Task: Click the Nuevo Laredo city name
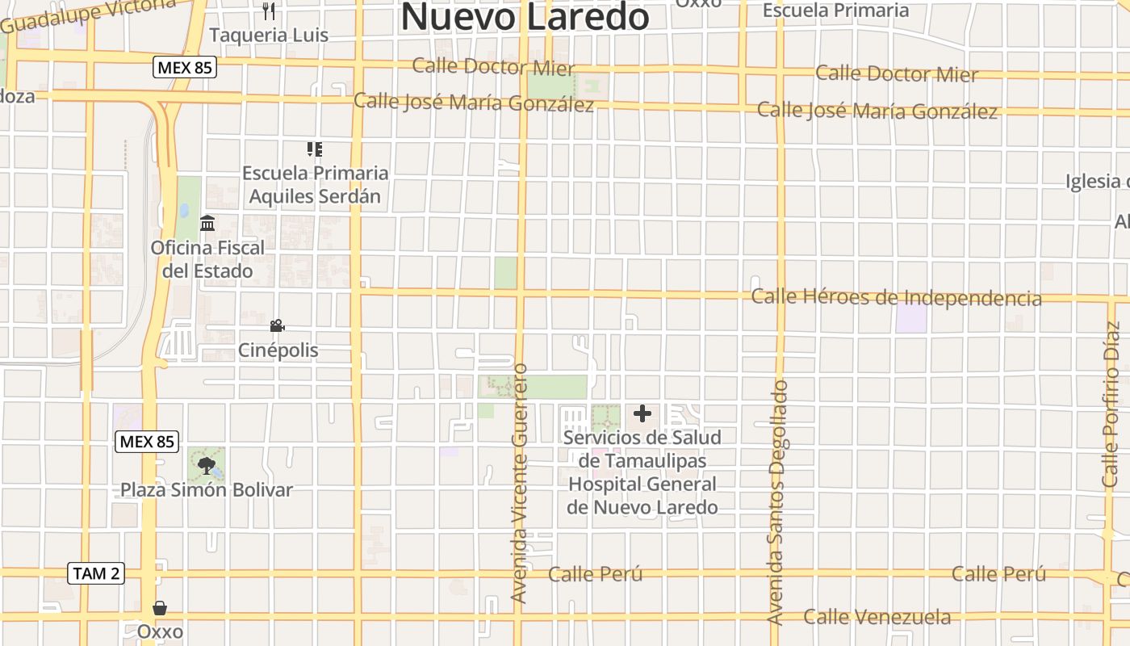click(525, 16)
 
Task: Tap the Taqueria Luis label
click(269, 36)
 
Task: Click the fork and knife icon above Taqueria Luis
click(269, 11)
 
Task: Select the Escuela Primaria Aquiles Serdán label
click(315, 184)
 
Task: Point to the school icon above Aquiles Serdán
click(315, 149)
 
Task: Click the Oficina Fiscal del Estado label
click(207, 259)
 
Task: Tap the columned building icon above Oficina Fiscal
click(207, 223)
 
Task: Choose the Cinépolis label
click(278, 350)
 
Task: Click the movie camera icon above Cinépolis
click(277, 325)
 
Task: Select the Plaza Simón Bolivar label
click(207, 490)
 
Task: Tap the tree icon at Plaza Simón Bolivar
click(207, 464)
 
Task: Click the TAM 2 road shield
click(96, 573)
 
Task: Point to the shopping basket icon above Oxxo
click(160, 607)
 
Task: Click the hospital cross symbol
click(642, 414)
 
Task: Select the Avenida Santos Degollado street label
click(776, 502)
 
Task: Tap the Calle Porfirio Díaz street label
click(1112, 404)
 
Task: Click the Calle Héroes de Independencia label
click(896, 297)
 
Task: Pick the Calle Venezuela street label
click(877, 618)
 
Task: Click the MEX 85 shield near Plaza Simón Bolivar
click(147, 442)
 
